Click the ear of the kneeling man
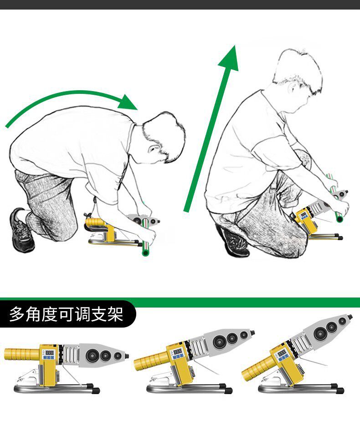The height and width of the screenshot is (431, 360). click(x=153, y=149)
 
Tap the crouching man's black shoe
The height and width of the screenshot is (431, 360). click(x=234, y=242)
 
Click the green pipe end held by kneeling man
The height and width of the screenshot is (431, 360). click(x=145, y=252)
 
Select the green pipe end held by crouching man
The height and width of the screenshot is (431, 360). click(x=339, y=219)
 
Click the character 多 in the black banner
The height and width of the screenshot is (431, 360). click(x=17, y=314)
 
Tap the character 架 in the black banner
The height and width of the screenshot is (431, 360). click(x=115, y=314)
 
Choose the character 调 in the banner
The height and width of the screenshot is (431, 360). click(x=82, y=314)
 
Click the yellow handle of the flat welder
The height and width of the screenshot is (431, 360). click(x=22, y=354)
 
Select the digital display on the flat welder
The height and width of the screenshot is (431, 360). click(x=50, y=352)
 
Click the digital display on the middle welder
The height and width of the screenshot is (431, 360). click(x=177, y=351)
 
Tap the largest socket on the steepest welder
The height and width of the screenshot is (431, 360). click(x=320, y=334)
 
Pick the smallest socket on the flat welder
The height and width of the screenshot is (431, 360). click(x=118, y=356)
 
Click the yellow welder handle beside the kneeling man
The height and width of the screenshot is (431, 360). click(x=95, y=221)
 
